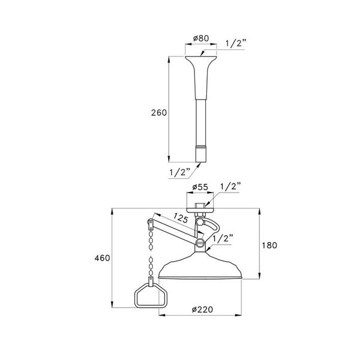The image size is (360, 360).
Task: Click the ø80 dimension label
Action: click(200, 40)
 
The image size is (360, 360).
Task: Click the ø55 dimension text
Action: click(200, 188)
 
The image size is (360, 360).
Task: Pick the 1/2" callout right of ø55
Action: click(231, 187)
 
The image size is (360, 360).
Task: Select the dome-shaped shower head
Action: click(200, 268)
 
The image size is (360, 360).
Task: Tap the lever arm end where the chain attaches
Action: click(150, 226)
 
